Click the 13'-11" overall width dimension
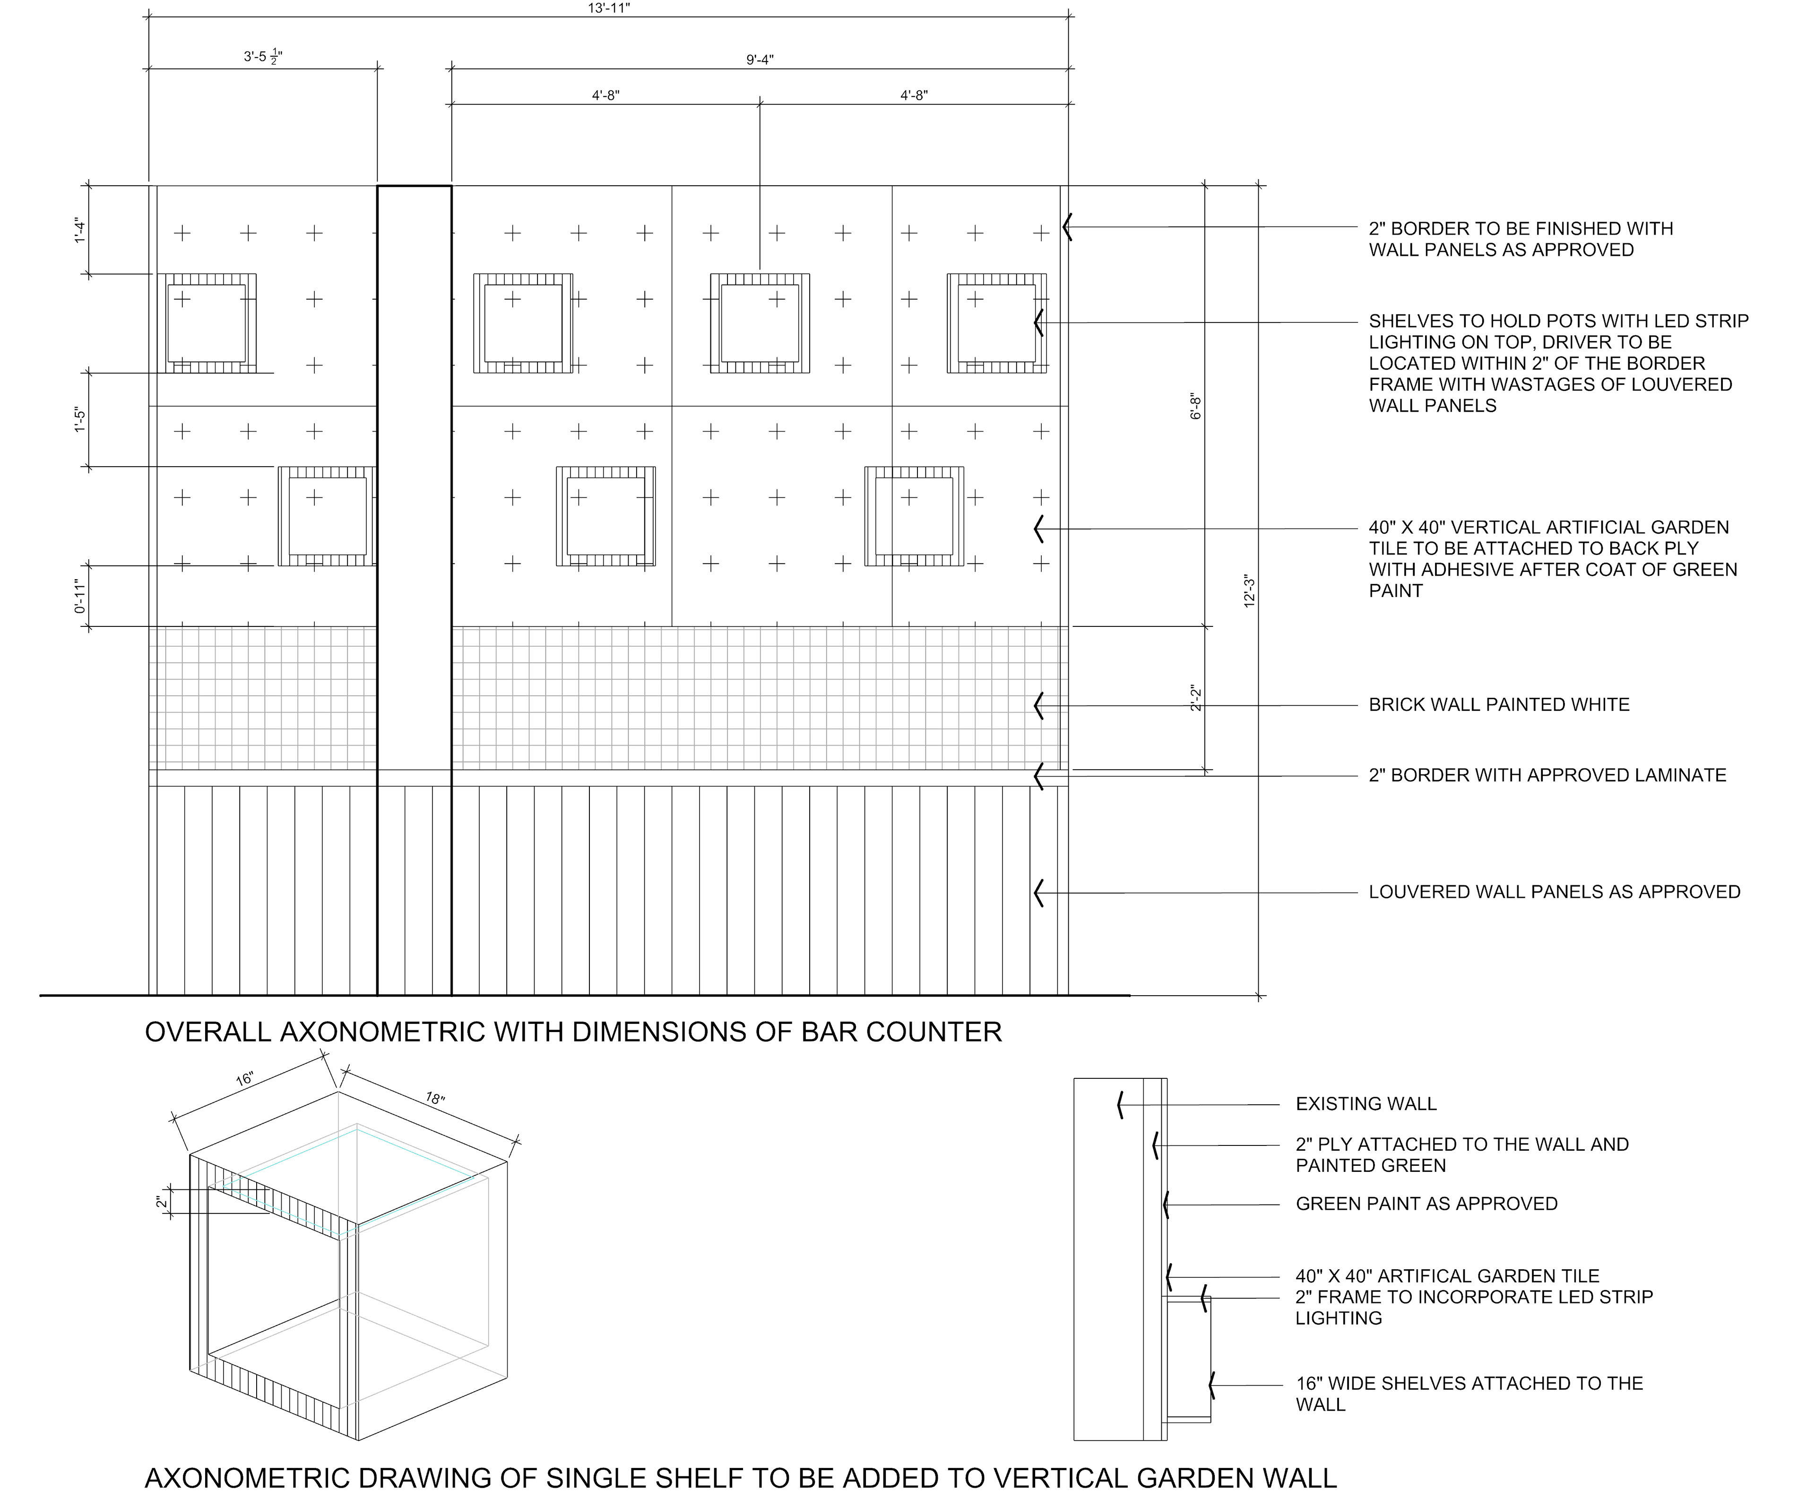[609, 8]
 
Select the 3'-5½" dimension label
[263, 57]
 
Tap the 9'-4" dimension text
[760, 60]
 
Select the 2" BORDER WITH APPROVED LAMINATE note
[1547, 775]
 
